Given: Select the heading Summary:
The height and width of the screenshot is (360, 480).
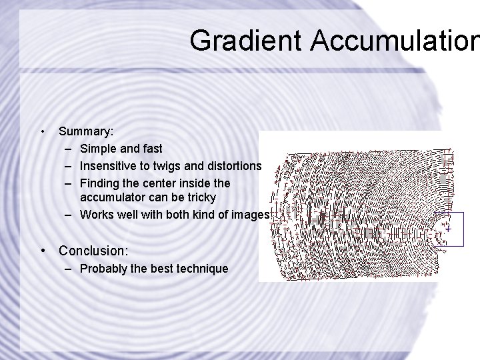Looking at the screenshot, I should point(85,132).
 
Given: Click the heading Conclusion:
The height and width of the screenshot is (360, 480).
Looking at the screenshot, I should point(93,251).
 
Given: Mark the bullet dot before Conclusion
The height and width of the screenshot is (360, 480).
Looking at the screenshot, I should point(43,251).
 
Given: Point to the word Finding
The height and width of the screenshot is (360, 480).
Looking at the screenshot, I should point(100,182).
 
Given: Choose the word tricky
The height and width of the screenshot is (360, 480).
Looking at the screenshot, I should point(200,198).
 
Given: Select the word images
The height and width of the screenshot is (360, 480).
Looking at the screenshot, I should point(249,215).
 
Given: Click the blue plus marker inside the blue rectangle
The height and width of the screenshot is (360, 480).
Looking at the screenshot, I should point(448,229).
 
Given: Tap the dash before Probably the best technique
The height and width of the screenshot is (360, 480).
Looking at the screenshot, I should point(69,269).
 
